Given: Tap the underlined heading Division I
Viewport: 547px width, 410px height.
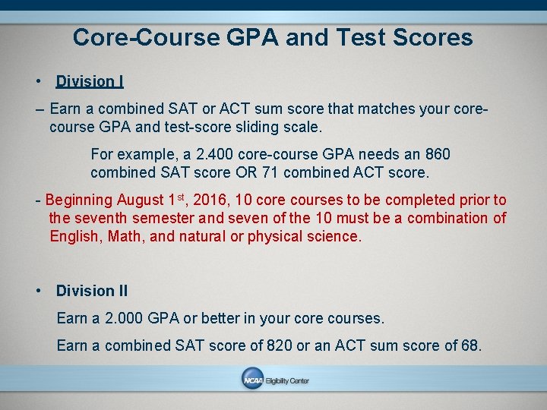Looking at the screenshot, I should (x=90, y=81).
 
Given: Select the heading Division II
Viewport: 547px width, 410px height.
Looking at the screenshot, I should (x=92, y=291).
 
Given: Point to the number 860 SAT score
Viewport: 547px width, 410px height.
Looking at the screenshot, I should (x=436, y=155).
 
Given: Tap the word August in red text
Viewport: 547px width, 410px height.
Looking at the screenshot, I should (x=141, y=200).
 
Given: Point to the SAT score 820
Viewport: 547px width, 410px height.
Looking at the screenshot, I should (x=276, y=346).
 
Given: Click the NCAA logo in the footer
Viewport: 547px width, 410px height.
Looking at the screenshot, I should (x=252, y=380).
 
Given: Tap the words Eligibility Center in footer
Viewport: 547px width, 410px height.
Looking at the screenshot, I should (x=287, y=381).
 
